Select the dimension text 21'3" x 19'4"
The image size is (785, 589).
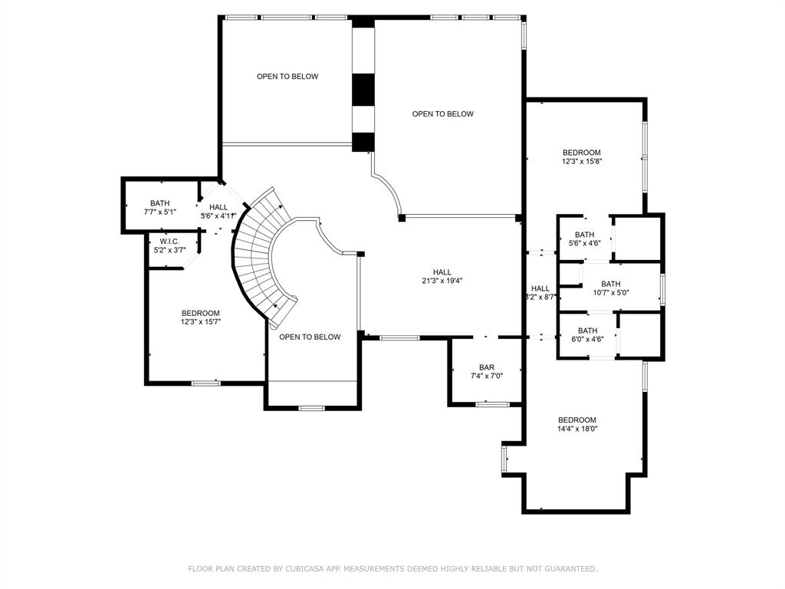click(x=442, y=281)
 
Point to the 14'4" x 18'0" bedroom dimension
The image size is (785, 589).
click(x=577, y=429)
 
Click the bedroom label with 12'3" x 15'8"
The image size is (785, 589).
click(x=582, y=156)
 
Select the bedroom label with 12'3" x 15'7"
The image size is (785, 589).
click(x=201, y=318)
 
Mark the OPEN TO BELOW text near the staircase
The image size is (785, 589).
click(x=310, y=337)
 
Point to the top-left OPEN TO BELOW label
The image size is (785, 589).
click(x=287, y=77)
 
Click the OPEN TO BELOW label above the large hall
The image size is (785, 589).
click(x=442, y=114)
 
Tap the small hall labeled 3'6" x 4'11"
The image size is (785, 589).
click(x=218, y=212)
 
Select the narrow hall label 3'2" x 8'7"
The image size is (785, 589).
click(x=540, y=292)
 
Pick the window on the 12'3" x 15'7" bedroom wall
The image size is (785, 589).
click(x=205, y=383)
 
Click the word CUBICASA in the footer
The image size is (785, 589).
click(x=308, y=569)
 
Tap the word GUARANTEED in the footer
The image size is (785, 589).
click(x=572, y=569)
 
